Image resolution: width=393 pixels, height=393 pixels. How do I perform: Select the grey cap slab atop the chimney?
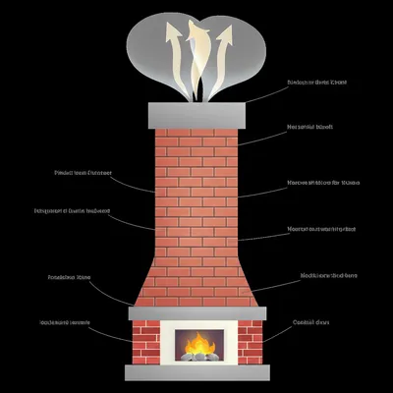196,114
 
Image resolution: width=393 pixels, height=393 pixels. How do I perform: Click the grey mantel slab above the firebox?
196,311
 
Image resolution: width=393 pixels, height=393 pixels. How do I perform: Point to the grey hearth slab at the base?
196,372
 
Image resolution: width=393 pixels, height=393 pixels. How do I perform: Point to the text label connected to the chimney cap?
316,83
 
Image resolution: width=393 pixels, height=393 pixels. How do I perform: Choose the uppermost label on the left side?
83,172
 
